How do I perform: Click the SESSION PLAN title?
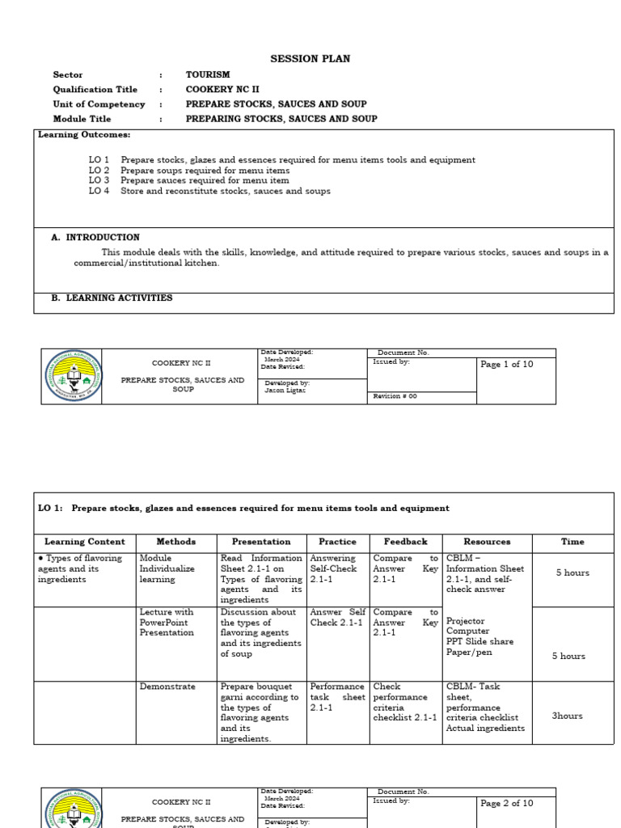[310, 59]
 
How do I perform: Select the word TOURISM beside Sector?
[208, 74]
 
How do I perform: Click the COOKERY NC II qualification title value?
[222, 89]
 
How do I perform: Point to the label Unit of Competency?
[99, 104]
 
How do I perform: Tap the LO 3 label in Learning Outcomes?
[99, 181]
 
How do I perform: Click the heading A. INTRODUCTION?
[95, 238]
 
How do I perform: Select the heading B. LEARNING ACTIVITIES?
[112, 298]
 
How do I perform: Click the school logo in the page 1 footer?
[73, 377]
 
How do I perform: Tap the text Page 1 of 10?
[507, 365]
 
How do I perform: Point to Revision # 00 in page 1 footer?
[395, 397]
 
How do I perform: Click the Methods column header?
[175, 542]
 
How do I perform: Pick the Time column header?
[572, 542]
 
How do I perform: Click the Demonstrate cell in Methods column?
[167, 686]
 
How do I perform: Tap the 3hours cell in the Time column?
[568, 716]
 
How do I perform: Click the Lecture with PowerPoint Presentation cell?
[167, 623]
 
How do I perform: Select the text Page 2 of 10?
[507, 804]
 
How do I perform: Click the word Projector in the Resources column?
[466, 621]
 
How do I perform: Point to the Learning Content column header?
[84, 542]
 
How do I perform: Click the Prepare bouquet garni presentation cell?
[260, 712]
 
